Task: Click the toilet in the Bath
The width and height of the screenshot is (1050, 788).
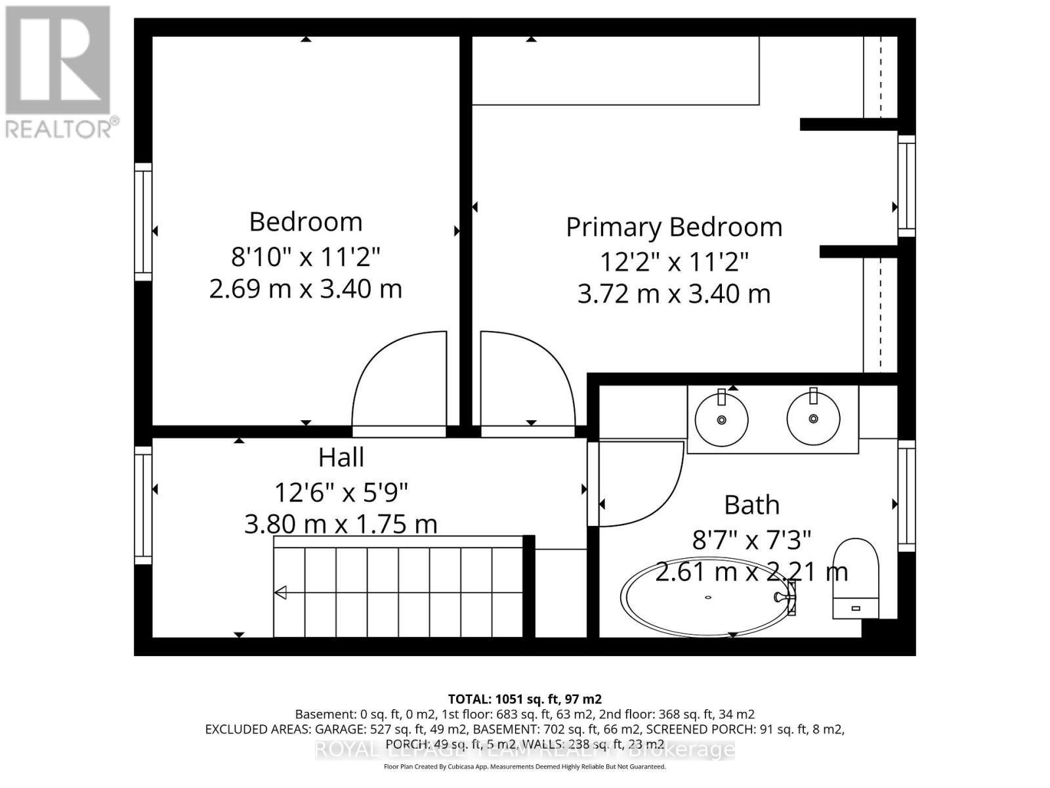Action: [x=856, y=578]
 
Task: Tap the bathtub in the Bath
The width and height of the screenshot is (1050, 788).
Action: [x=707, y=598]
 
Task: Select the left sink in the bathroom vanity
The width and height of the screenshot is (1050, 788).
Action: [x=721, y=419]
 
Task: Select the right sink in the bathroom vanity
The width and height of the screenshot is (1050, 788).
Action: [x=813, y=418]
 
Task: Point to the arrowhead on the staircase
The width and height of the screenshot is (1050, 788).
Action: [x=281, y=593]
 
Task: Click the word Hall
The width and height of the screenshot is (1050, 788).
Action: [x=341, y=458]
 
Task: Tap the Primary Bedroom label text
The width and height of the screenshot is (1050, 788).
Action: [x=674, y=227]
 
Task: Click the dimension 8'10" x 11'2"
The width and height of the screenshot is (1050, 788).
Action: [x=305, y=256]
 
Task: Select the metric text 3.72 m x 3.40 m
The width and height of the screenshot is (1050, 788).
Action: [x=674, y=294]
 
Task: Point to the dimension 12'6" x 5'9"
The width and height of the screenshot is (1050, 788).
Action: [x=341, y=491]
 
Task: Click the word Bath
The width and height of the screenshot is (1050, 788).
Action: [x=751, y=505]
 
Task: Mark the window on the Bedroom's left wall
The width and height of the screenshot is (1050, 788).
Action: [x=143, y=222]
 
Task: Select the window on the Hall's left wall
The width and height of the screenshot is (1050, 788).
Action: [x=143, y=504]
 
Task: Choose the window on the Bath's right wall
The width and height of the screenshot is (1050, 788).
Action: [x=906, y=496]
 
